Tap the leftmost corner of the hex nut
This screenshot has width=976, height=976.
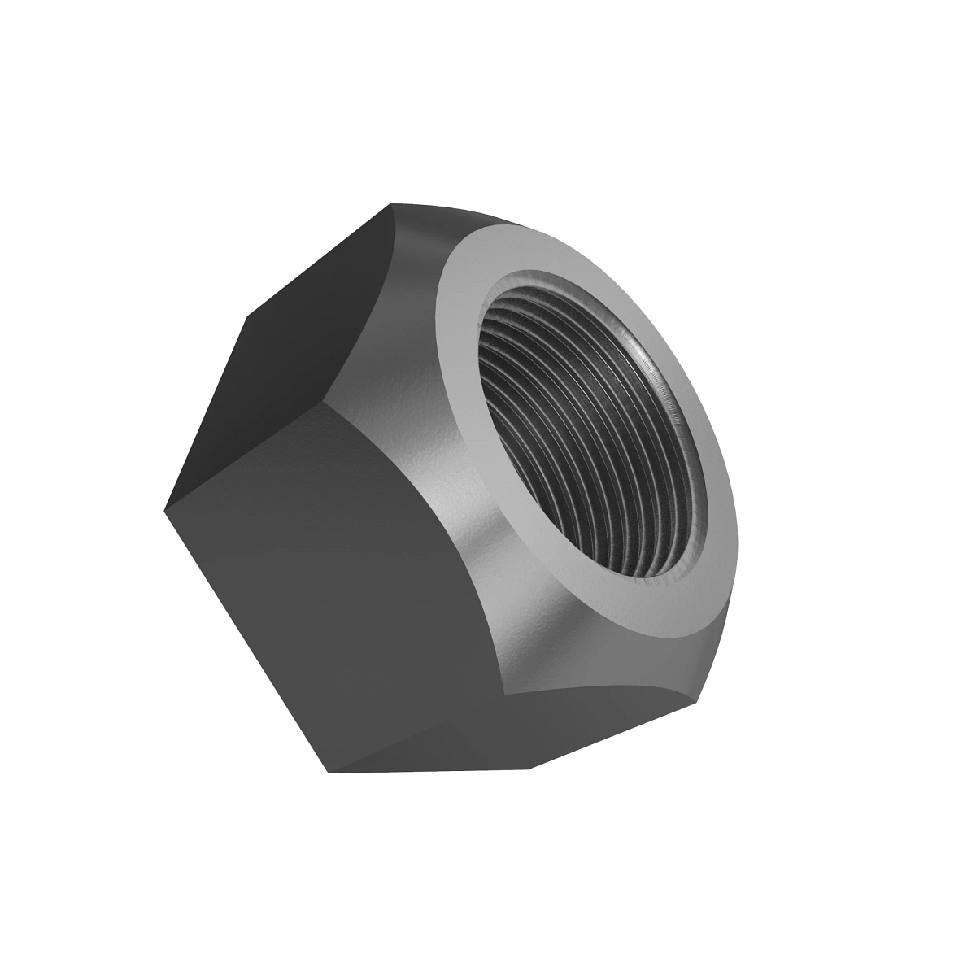click(164, 511)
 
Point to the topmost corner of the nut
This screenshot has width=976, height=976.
click(391, 203)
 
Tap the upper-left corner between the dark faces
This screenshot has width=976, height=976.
click(244, 318)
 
